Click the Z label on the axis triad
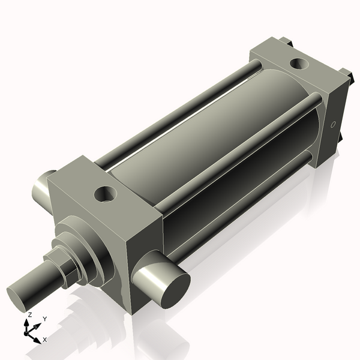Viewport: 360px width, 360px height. pyautogui.click(x=29, y=314)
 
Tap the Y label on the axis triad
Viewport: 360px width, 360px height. pyautogui.click(x=44, y=319)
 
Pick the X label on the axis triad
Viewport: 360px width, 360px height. pyautogui.click(x=45, y=340)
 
